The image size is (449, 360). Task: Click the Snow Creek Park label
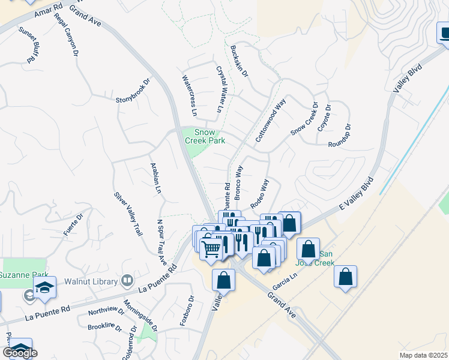(208, 136)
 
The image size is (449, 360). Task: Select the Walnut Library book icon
(127, 280)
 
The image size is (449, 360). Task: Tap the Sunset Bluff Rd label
(28, 45)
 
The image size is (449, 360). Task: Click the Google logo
(20, 353)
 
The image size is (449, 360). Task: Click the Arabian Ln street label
(155, 179)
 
